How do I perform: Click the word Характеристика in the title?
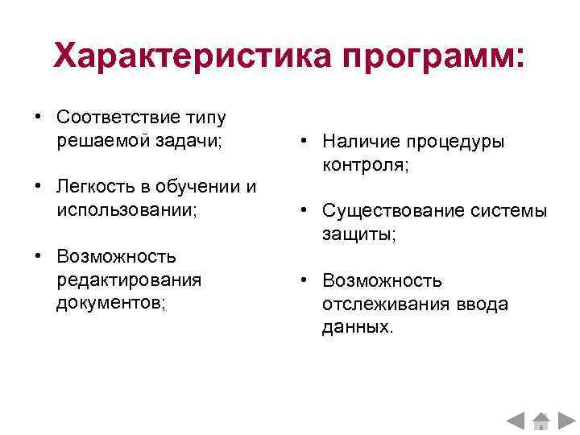click(192, 56)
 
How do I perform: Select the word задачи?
click(187, 140)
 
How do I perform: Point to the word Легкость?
click(91, 187)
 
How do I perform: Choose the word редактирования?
click(129, 280)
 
